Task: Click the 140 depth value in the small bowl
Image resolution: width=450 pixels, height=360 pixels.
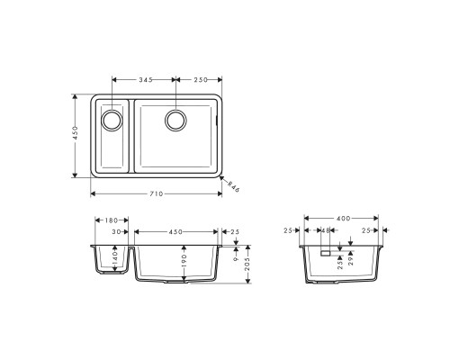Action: pyautogui.click(x=115, y=260)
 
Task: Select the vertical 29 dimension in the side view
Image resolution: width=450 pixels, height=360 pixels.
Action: pyautogui.click(x=351, y=261)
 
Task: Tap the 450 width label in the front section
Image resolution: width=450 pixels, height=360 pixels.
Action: pyautogui.click(x=175, y=231)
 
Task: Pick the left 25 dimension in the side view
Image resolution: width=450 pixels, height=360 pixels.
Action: pyautogui.click(x=289, y=231)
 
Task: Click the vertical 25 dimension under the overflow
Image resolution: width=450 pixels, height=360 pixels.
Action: pyautogui.click(x=337, y=264)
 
